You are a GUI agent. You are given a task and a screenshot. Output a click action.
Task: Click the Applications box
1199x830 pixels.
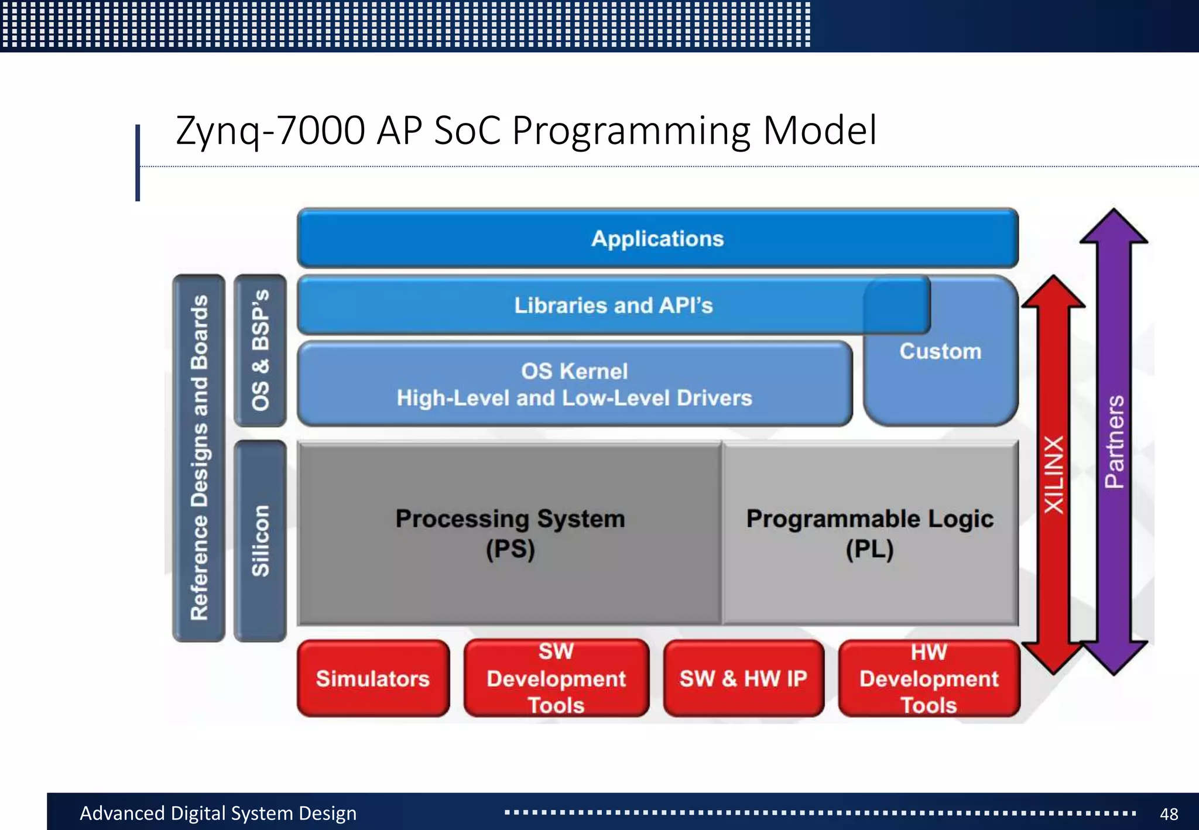pos(657,239)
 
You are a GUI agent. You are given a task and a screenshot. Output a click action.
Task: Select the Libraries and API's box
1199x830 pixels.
pos(613,306)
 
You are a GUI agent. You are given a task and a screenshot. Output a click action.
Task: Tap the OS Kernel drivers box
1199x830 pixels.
pos(574,385)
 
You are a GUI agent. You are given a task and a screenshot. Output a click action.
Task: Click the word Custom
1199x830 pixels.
pos(940,352)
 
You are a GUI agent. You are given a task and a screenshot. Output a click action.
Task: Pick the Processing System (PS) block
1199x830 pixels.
pos(509,533)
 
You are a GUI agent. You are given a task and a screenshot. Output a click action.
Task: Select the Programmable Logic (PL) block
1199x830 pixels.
pos(870,533)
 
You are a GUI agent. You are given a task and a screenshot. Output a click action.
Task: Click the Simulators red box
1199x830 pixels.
pos(373,678)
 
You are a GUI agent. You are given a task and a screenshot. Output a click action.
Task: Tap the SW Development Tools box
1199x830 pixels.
pos(556,678)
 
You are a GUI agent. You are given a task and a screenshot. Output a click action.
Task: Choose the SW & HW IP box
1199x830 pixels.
pos(743,678)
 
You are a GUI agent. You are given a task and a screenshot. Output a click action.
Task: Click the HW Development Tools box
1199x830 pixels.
pos(929,678)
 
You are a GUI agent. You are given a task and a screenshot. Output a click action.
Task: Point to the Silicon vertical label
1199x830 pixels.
pos(260,540)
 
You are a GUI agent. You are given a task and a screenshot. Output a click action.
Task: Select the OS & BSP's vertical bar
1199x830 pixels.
pos(260,350)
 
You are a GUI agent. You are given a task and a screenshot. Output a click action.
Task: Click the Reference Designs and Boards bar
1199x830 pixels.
pos(199,458)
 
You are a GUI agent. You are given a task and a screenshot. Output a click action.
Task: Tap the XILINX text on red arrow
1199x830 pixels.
pos(1054,475)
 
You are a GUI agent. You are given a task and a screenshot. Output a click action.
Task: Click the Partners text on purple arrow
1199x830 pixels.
pos(1115,442)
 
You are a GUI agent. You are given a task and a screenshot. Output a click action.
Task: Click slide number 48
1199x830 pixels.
pos(1169,814)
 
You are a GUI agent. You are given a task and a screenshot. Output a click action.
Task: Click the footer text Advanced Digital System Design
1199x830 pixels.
pos(218,814)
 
